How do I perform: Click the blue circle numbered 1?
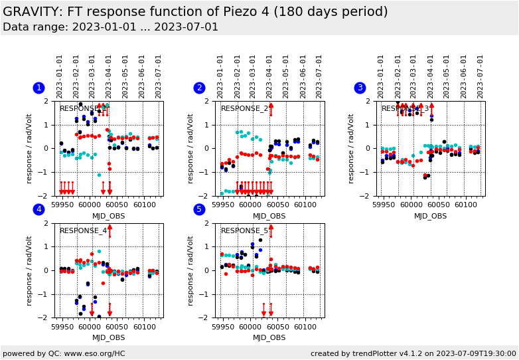38,88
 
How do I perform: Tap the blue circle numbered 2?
199,88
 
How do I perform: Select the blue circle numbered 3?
360,88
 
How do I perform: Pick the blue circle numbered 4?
38,210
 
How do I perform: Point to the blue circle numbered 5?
199,210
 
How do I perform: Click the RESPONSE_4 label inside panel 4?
83,231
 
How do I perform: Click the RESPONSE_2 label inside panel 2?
244,109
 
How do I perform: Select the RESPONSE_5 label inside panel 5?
244,231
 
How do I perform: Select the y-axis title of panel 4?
29,270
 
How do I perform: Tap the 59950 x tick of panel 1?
62,205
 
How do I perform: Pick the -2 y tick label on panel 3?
368,196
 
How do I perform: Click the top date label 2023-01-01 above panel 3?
382,76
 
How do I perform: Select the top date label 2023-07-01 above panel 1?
157,76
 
